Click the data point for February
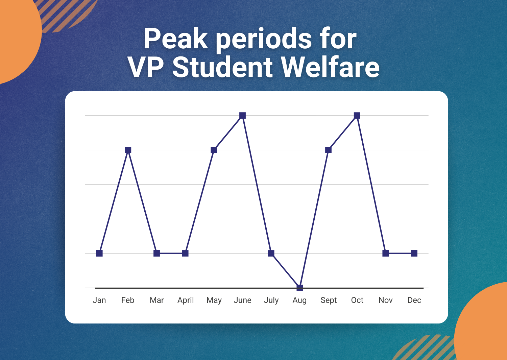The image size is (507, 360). [x=128, y=150]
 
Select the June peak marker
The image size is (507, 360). [x=242, y=116]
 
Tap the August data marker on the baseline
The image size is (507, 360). [x=300, y=288]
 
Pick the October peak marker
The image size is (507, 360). [x=357, y=116]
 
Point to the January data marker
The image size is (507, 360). [x=99, y=254]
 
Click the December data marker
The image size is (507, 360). [x=414, y=254]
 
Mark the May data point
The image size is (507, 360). [x=214, y=150]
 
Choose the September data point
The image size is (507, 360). [x=329, y=150]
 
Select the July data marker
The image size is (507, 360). [x=271, y=254]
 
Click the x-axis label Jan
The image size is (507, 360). [x=99, y=300]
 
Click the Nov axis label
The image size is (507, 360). [x=385, y=300]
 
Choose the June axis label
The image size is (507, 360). [x=242, y=300]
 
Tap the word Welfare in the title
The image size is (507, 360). [x=330, y=67]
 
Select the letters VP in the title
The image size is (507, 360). [x=146, y=67]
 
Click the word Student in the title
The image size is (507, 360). [x=222, y=67]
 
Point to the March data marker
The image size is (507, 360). [x=156, y=254]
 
